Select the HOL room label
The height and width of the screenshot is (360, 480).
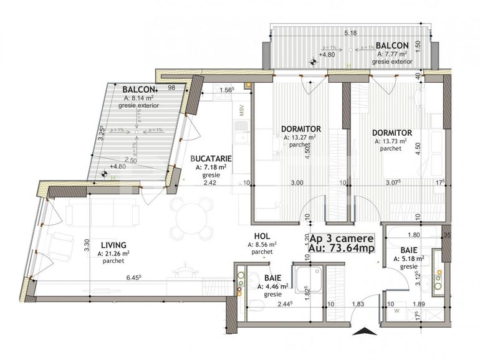(261, 236)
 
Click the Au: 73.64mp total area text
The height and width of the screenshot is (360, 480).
(341, 248)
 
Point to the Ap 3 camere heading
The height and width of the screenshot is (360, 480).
(341, 238)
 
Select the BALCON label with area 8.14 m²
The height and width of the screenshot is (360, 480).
(139, 89)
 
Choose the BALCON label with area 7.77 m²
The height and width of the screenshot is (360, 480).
(392, 45)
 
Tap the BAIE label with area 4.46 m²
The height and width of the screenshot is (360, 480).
(272, 278)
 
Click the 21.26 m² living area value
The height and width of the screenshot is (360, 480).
(113, 253)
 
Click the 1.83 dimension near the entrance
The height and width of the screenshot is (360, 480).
(357, 304)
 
